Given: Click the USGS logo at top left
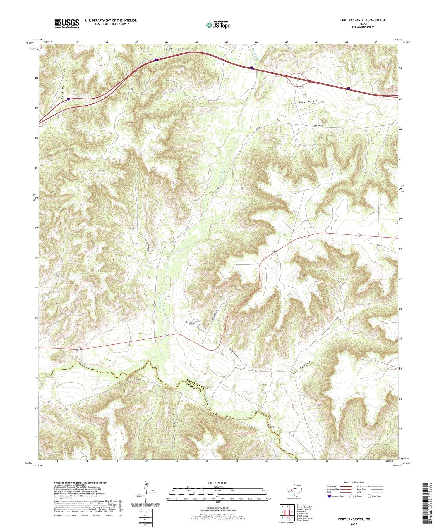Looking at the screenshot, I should pyautogui.click(x=67, y=23).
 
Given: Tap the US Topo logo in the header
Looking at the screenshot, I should pyautogui.click(x=218, y=25).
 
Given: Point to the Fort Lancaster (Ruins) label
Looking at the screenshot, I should pyautogui.click(x=192, y=323).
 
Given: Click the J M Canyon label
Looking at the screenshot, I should pyautogui.click(x=176, y=49).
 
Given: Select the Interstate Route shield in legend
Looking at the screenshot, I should pyautogui.click(x=329, y=496).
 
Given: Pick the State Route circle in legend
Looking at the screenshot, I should pyautogui.click(x=369, y=496).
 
